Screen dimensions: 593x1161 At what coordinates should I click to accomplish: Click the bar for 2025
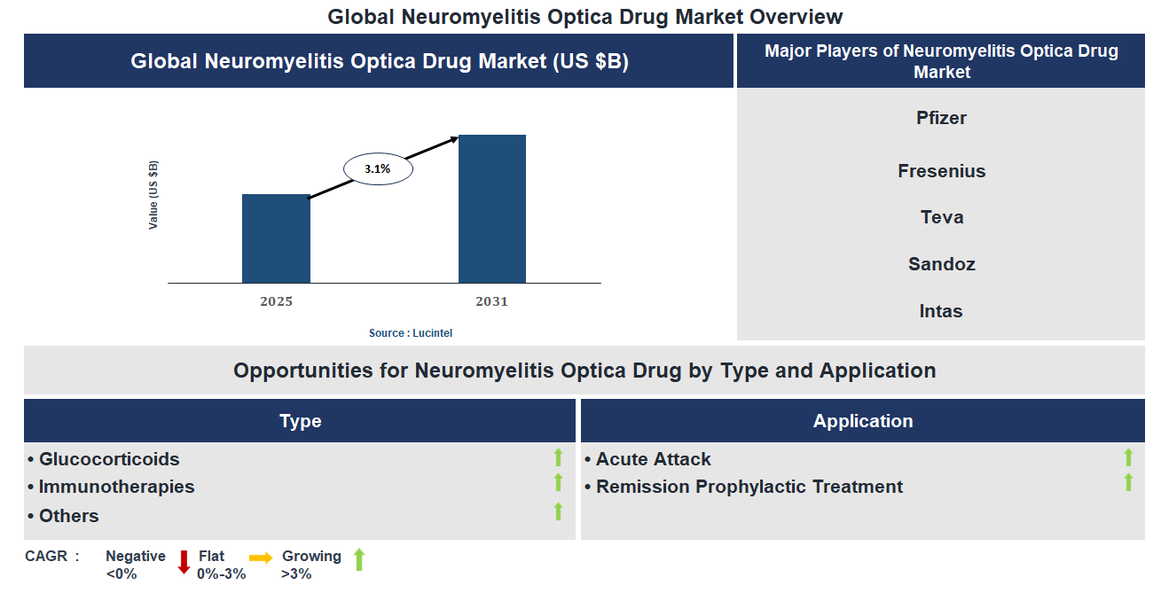276,238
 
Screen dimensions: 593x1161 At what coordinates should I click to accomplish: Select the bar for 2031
491,209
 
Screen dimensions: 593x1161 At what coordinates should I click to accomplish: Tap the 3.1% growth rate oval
378,168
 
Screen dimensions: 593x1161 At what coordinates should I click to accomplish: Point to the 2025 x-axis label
276,301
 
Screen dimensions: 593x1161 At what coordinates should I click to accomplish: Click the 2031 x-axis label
491,301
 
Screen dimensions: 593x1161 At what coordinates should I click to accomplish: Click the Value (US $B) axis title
153,195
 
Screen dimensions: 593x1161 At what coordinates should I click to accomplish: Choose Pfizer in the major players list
941,118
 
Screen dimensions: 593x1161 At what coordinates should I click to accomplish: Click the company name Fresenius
941,171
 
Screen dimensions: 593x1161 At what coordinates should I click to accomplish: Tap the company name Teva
941,217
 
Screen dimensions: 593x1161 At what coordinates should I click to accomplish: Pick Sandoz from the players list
941,264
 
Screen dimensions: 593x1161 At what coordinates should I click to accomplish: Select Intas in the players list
941,311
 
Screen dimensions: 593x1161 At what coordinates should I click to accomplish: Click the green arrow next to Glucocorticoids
558,457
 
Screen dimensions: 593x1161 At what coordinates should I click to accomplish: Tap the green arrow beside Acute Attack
1128,457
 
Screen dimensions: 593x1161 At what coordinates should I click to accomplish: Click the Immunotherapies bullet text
116,487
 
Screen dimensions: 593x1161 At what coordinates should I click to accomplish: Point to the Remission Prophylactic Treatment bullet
749,487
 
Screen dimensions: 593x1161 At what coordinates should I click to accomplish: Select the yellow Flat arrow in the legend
261,558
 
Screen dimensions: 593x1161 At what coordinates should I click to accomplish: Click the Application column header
862,421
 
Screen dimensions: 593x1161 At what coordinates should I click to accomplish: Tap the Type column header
300,421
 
